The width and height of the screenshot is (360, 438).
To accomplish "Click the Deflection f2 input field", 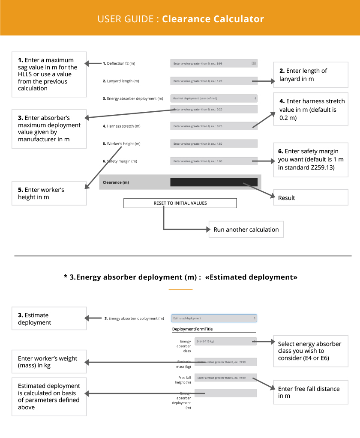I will point(210,63).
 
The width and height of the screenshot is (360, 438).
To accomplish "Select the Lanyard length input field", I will point(210,81).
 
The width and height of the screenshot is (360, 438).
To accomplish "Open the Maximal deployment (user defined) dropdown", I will point(214,98).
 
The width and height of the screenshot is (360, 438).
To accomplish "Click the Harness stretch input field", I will point(210,126).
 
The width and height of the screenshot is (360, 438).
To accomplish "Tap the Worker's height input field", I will point(214,143).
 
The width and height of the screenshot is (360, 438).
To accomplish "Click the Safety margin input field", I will point(210,161).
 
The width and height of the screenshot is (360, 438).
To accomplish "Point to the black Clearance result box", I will point(214,182).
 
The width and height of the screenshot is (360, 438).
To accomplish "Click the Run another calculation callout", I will point(246,229).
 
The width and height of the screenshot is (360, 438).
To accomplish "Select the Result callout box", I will point(310,197).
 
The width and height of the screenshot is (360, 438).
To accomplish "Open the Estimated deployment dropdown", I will point(214,318).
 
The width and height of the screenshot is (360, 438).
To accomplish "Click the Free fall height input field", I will point(225,378).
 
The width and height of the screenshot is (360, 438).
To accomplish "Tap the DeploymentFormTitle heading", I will point(192,329).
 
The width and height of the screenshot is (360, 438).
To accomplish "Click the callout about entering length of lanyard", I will point(310,75).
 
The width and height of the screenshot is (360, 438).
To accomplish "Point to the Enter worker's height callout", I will point(49,193).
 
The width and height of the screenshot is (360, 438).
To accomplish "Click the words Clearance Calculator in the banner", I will point(213,19).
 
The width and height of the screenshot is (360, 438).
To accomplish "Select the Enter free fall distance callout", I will point(310,392).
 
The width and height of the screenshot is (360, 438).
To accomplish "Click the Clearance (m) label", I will point(116,182).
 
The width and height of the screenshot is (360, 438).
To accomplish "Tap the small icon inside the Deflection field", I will point(254,63).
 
